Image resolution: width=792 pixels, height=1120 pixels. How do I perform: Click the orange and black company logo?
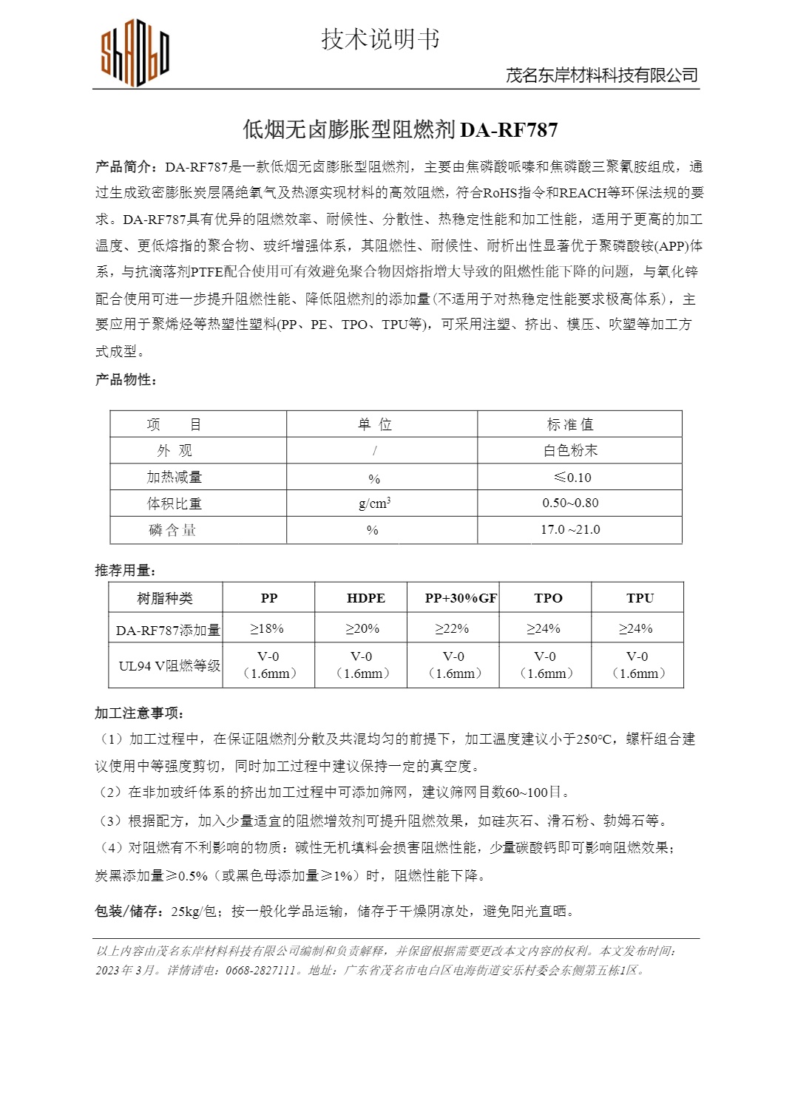[135, 55]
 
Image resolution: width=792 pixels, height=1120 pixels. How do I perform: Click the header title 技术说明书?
[380, 39]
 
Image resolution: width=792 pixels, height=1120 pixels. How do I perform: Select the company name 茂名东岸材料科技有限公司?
[601, 75]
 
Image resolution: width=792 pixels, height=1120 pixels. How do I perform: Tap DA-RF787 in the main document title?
[509, 130]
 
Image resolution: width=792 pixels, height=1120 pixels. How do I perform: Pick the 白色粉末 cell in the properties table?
[570, 450]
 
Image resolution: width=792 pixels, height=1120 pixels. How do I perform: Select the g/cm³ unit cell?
[374, 503]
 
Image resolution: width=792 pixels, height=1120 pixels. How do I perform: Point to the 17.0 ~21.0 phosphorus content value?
[570, 529]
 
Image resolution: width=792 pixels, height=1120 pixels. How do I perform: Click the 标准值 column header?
[570, 424]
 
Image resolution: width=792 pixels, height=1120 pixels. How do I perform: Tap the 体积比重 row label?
[174, 503]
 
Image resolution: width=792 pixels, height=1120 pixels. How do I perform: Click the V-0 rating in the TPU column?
[637, 656]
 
